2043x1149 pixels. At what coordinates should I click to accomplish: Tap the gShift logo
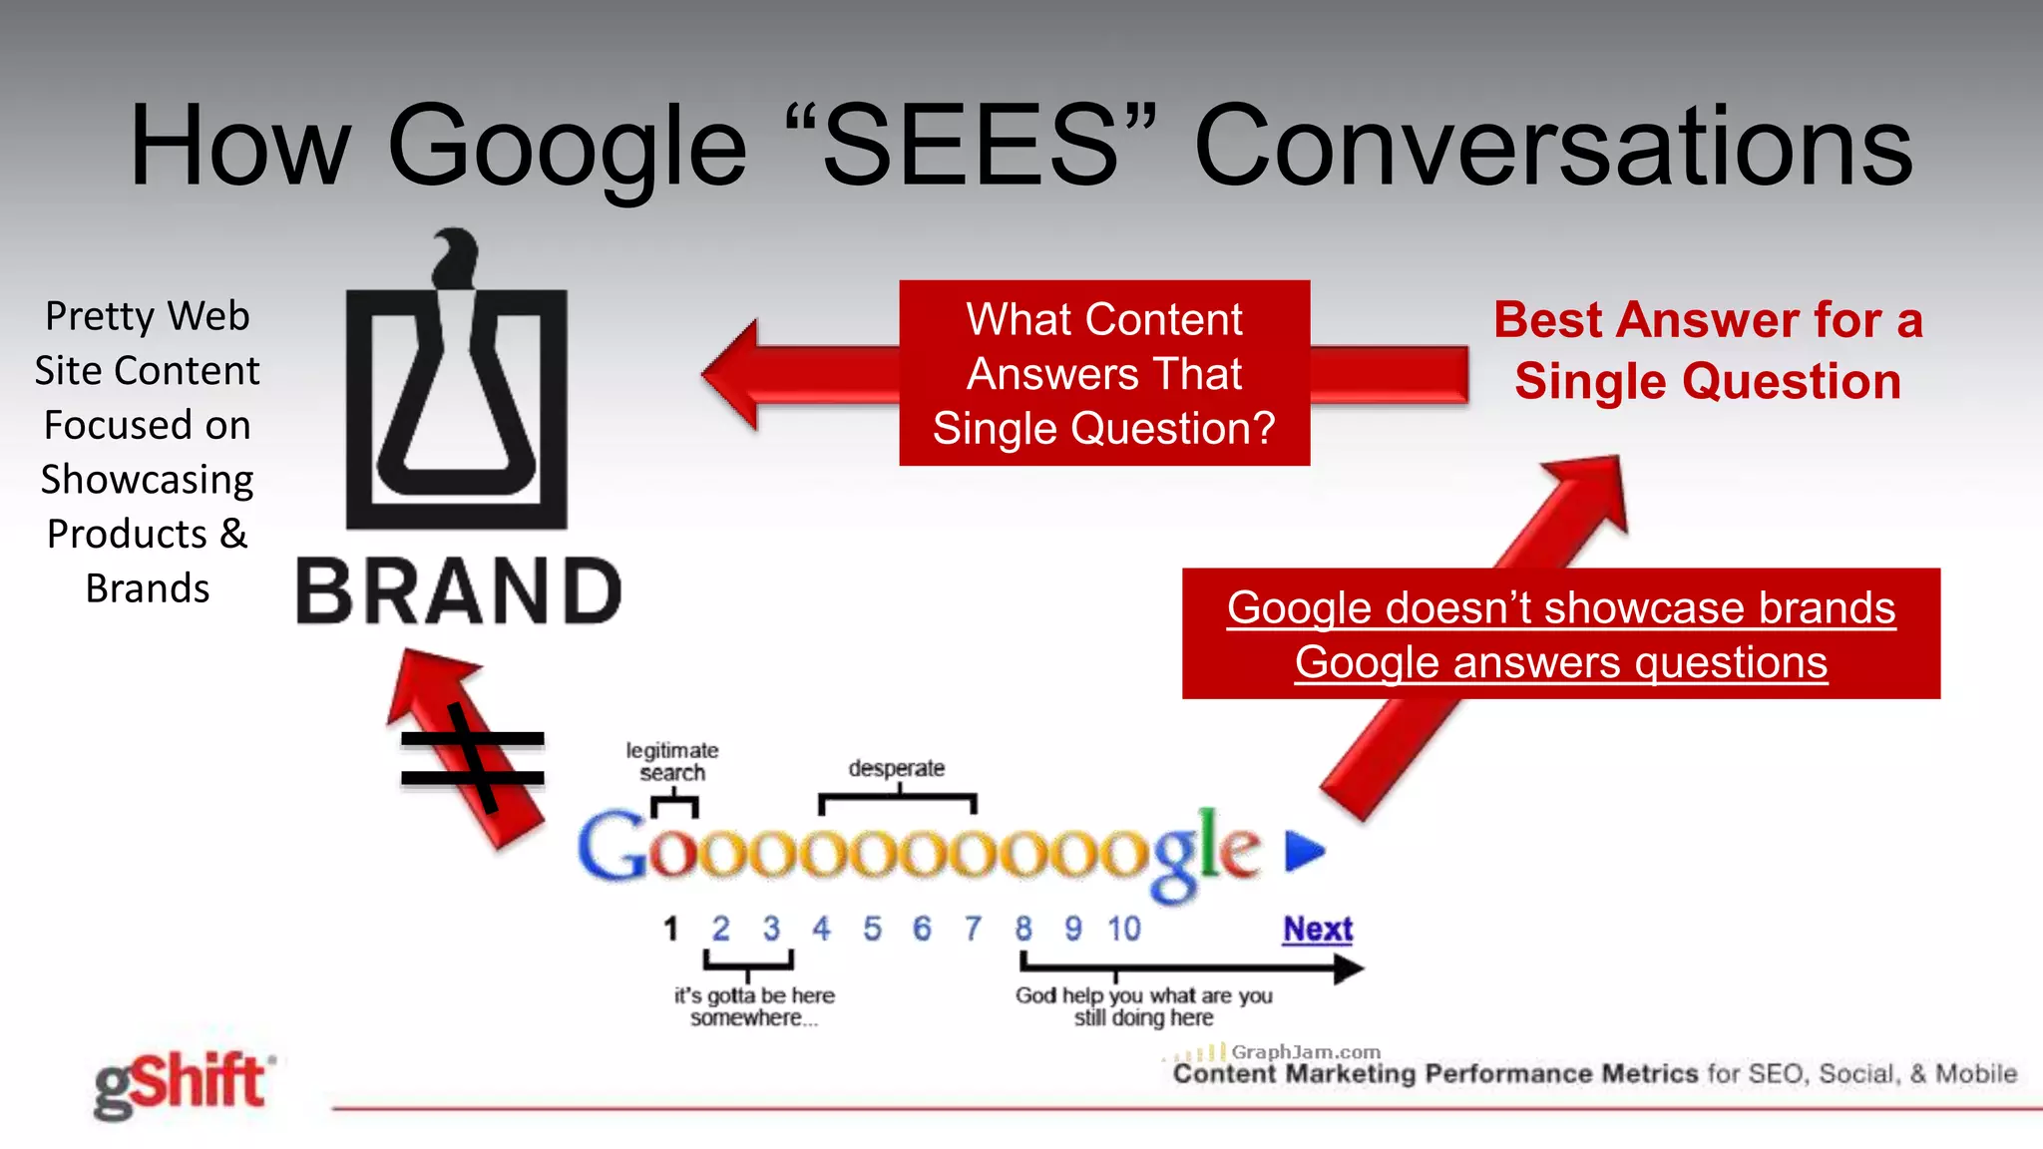click(181, 1084)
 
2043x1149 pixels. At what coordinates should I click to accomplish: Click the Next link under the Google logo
click(1317, 930)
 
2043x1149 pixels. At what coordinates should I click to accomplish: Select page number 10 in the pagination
click(1124, 930)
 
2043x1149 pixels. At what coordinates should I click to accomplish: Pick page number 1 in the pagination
click(670, 930)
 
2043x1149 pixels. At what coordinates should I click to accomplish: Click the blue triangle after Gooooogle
click(1304, 851)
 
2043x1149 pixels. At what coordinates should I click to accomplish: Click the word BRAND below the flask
click(459, 592)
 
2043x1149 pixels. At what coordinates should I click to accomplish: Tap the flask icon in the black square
click(456, 399)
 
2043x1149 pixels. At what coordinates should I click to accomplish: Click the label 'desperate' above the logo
click(896, 769)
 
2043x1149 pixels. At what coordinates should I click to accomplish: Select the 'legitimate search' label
click(672, 761)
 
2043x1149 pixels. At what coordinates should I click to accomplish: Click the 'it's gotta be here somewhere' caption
click(754, 1006)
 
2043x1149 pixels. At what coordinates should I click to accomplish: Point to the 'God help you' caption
click(1143, 1006)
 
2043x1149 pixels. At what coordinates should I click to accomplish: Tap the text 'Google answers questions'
click(1560, 663)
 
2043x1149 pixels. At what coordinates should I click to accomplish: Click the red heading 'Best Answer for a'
click(1707, 321)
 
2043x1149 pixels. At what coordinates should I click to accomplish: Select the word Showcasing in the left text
click(147, 480)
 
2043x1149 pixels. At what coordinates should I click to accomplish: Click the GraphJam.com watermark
click(1305, 1052)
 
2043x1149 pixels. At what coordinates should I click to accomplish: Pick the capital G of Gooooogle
click(612, 847)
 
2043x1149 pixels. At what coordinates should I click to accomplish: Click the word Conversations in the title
click(1552, 147)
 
